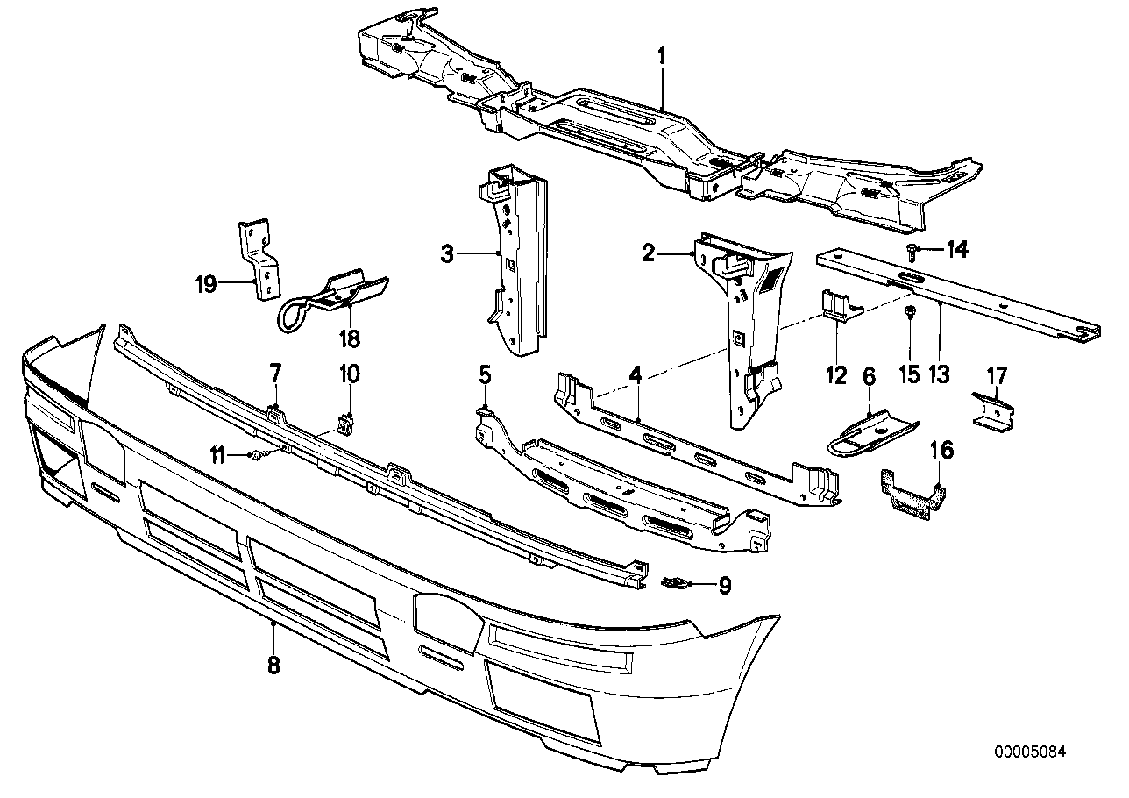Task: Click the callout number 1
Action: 662,58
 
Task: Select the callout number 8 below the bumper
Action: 273,666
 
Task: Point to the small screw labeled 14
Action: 912,251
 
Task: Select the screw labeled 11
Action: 255,455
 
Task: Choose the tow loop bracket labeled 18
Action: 333,298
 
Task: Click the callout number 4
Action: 635,375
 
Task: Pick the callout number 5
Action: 485,375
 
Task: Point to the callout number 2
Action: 648,254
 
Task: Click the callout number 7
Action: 274,374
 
